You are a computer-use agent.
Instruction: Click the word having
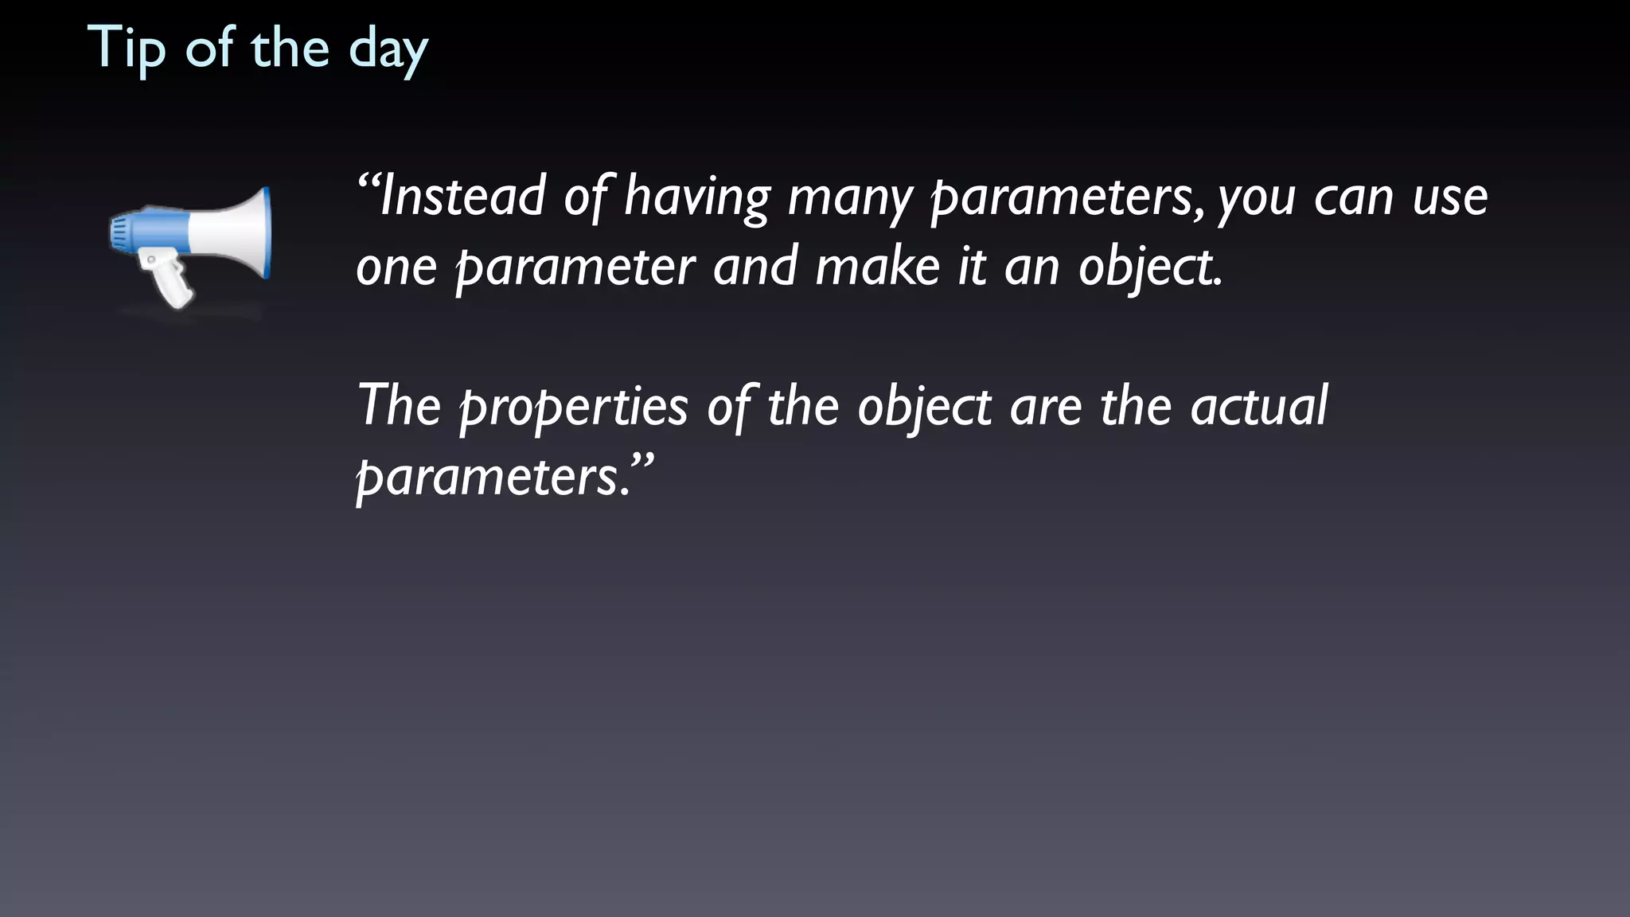pos(697,197)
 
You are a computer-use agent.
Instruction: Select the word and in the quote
pos(755,267)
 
